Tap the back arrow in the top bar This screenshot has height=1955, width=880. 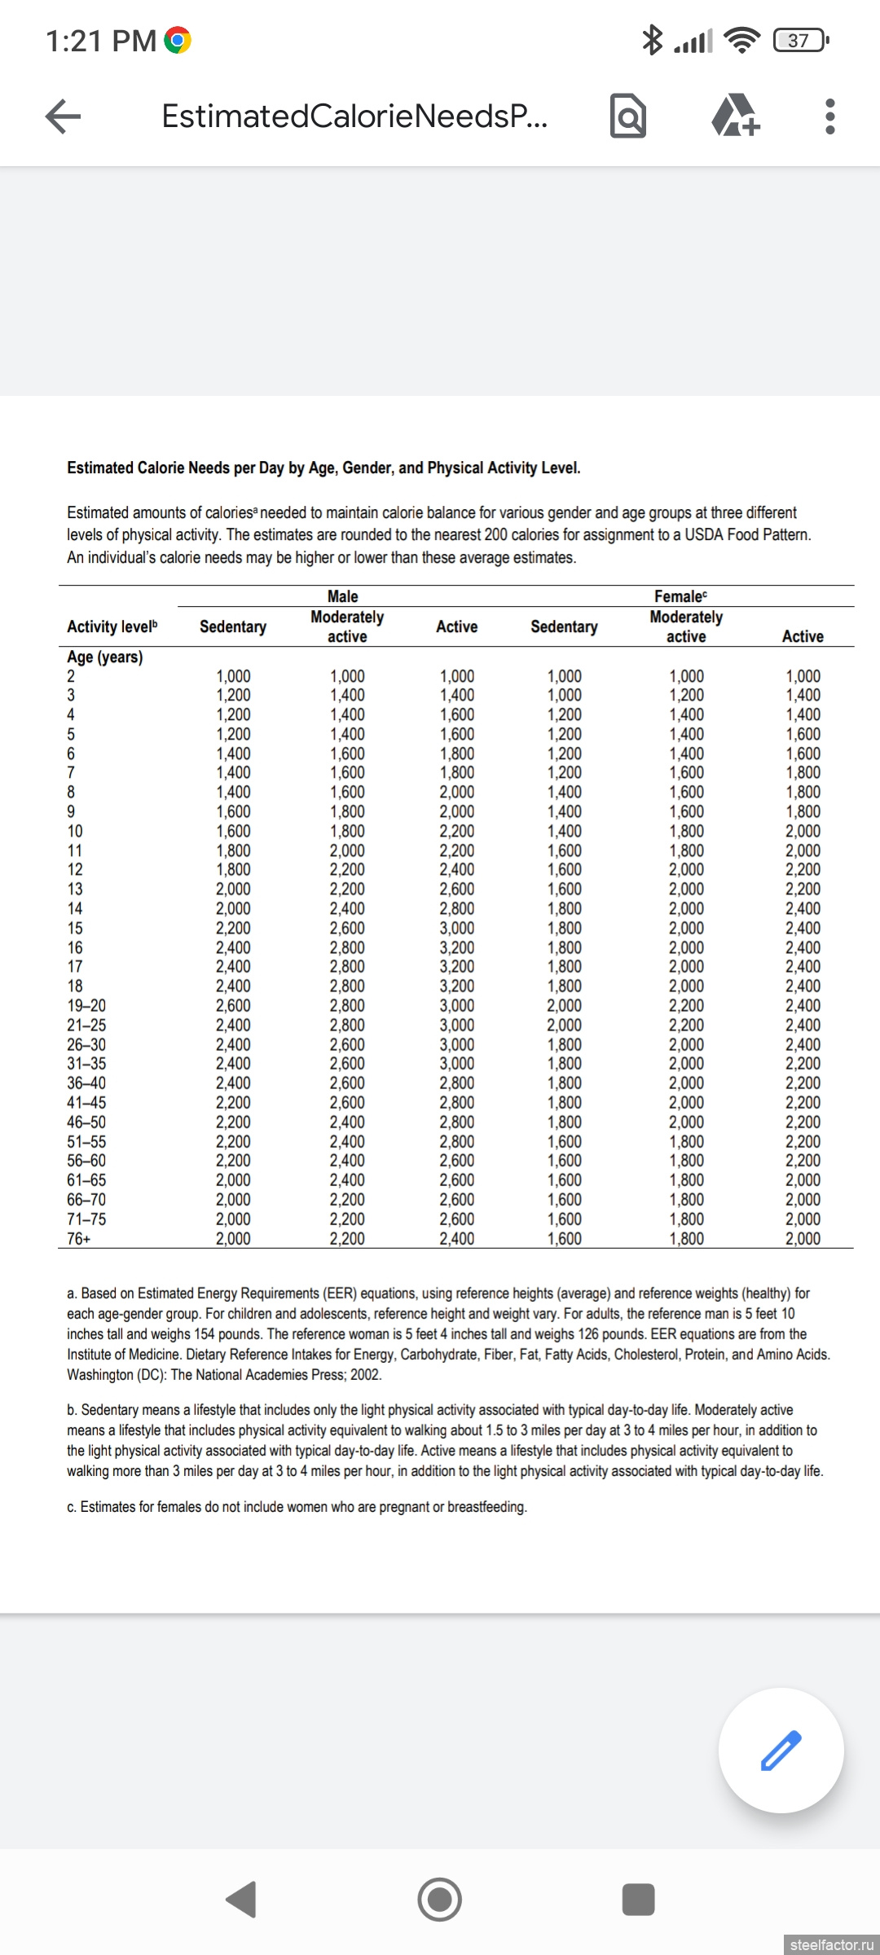(63, 116)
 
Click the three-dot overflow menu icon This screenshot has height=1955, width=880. (829, 116)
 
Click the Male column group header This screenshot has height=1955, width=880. (342, 596)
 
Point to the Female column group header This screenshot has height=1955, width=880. (680, 596)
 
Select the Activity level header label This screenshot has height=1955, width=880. (112, 626)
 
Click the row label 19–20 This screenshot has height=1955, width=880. (86, 1006)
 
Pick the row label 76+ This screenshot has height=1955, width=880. (79, 1239)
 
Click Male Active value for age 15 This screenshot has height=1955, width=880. (457, 929)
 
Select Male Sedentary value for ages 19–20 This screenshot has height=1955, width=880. (233, 1006)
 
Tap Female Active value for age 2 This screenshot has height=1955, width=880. (803, 676)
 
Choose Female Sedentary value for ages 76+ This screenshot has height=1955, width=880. (564, 1239)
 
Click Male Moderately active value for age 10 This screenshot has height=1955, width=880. (347, 832)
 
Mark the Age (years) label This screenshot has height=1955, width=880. (104, 657)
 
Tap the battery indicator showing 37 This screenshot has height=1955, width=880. (799, 40)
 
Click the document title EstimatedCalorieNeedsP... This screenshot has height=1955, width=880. (354, 116)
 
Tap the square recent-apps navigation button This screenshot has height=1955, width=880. (638, 1900)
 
